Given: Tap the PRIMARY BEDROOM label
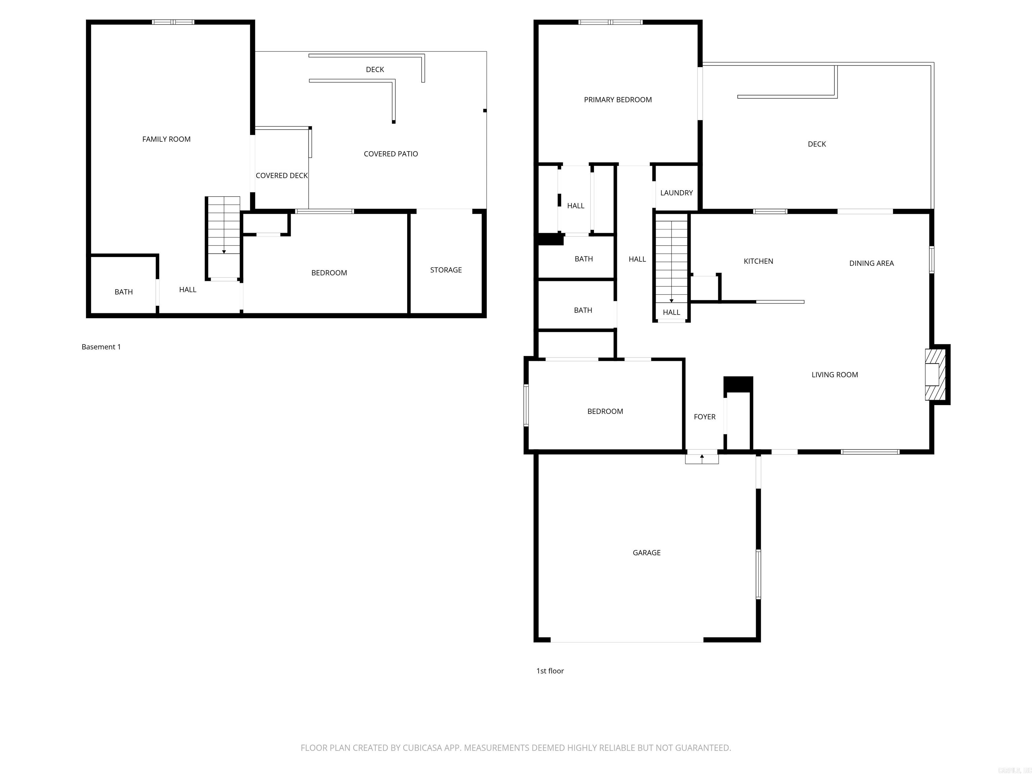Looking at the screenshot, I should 618,100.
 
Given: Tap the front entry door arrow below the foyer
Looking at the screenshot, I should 702,458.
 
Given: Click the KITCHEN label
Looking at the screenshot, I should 758,261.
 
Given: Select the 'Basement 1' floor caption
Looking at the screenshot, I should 101,347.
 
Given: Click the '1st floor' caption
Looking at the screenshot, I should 550,671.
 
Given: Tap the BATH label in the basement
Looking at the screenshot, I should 124,292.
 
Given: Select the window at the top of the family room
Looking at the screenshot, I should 173,22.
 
